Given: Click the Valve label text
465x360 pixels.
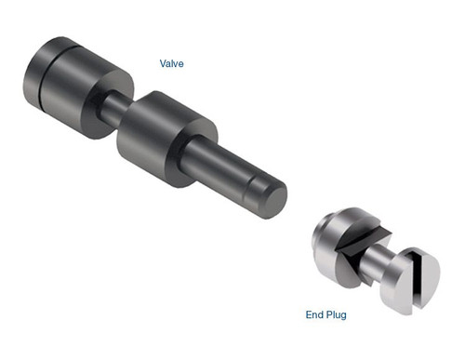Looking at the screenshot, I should pos(171,63).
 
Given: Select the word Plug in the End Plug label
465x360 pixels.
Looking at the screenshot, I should pos(335,315).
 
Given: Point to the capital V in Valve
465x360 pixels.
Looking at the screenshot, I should pos(161,63).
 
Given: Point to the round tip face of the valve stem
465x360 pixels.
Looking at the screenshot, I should pos(272,199).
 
